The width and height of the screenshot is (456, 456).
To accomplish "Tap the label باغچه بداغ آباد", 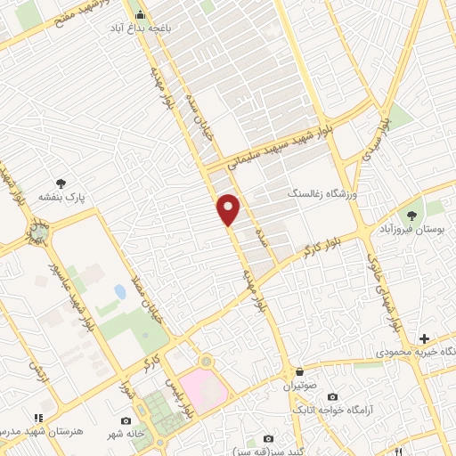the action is [x=140, y=28].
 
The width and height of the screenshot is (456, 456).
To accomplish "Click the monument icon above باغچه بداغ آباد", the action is [x=140, y=14].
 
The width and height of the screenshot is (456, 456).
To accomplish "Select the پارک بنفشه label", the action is [x=60, y=196].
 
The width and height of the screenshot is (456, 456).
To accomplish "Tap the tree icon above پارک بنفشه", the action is [x=60, y=183].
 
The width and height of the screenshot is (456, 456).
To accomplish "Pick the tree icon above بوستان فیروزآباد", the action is [x=411, y=215].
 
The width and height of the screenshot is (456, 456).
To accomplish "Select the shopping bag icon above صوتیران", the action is [x=299, y=372].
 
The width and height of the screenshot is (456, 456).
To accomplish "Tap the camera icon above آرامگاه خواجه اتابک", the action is [x=333, y=396].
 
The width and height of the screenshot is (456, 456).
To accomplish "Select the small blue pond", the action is [x=120, y=291].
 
